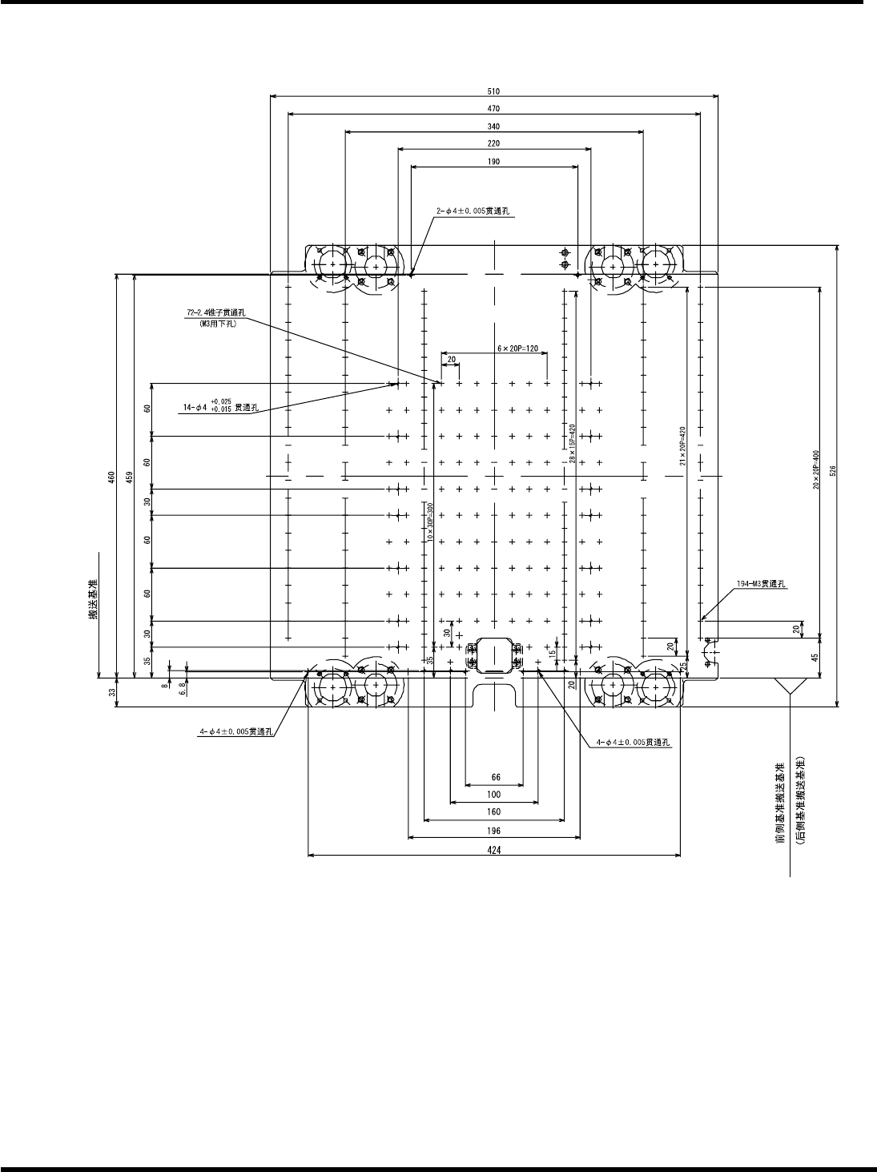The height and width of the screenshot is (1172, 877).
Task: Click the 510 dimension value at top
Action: point(493,91)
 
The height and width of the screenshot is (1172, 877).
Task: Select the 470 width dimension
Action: point(493,109)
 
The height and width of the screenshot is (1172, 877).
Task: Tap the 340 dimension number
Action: point(493,127)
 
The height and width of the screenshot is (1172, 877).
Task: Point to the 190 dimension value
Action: point(493,162)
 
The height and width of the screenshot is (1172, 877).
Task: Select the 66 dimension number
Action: point(494,777)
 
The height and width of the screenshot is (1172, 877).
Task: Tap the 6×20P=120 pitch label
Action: point(517,348)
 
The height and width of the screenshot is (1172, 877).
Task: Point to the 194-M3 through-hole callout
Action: point(761,583)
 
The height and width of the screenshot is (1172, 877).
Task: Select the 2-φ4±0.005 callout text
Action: point(473,212)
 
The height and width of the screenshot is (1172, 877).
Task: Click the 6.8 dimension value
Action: point(183,686)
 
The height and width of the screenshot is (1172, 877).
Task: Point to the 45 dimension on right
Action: point(814,658)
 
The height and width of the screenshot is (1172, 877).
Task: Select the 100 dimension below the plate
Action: point(493,795)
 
